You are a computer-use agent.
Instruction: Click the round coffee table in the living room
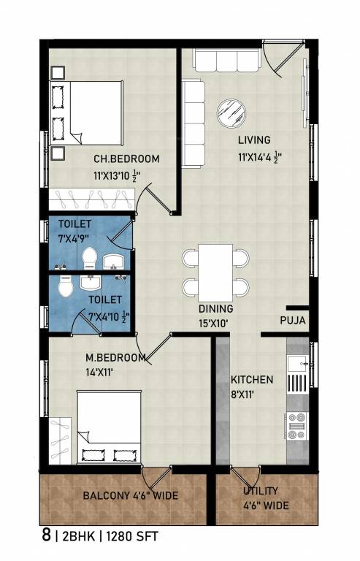coord(232,111)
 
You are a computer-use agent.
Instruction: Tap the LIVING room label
coord(253,140)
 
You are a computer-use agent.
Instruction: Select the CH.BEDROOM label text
coord(126,159)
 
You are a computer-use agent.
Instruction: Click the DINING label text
coord(215,308)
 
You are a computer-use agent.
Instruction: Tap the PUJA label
coord(292,321)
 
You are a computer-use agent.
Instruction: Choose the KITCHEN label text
coord(252,380)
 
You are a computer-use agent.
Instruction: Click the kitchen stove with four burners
coord(297,426)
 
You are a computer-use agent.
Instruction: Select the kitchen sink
coord(297,364)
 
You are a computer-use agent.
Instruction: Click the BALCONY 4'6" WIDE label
coord(130,496)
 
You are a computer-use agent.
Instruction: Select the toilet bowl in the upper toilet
coord(91,257)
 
